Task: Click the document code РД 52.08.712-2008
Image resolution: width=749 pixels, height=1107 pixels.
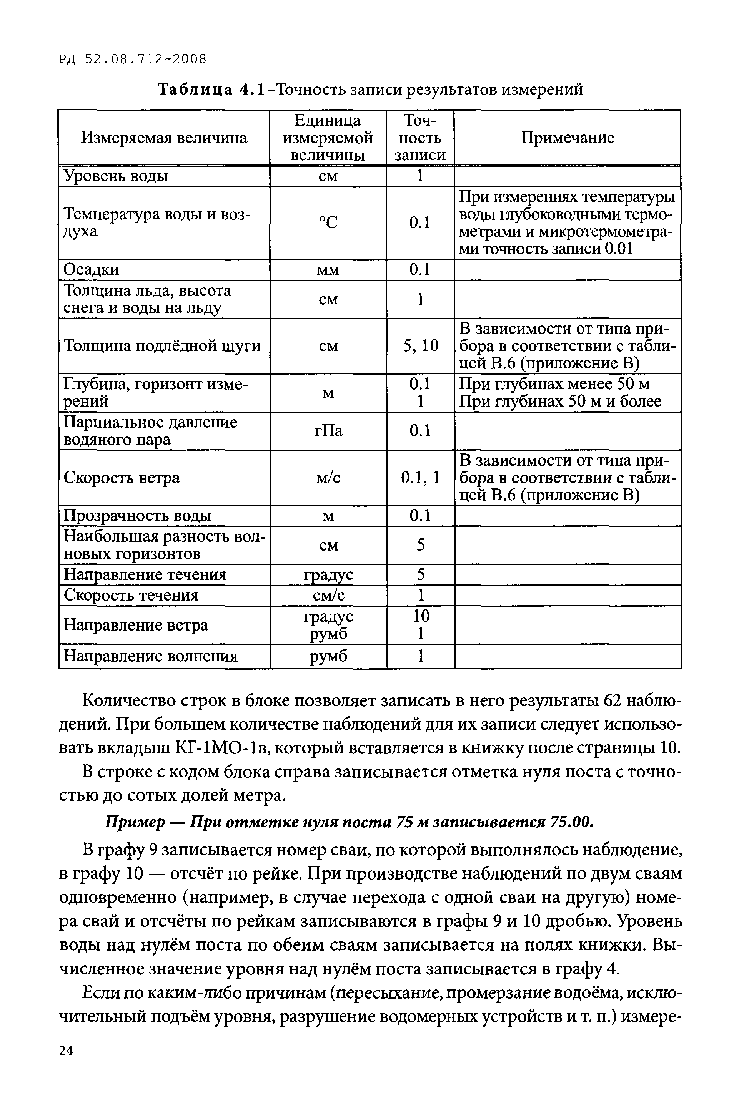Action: [133, 59]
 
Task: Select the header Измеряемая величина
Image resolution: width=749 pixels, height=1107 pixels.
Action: [164, 138]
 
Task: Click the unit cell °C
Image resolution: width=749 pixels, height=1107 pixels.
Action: [328, 222]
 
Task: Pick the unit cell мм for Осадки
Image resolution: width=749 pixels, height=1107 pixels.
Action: [328, 270]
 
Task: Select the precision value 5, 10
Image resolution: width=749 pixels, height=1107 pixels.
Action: [420, 346]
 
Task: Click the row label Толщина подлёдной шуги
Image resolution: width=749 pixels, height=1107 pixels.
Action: [162, 346]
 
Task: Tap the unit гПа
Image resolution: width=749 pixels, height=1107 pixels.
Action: [328, 431]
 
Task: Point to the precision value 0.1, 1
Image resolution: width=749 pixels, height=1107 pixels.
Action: [420, 478]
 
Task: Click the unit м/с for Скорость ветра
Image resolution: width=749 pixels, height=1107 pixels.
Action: [328, 478]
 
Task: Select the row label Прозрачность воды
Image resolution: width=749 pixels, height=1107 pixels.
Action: [138, 516]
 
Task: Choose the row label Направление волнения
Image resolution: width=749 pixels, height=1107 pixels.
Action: [151, 656]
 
